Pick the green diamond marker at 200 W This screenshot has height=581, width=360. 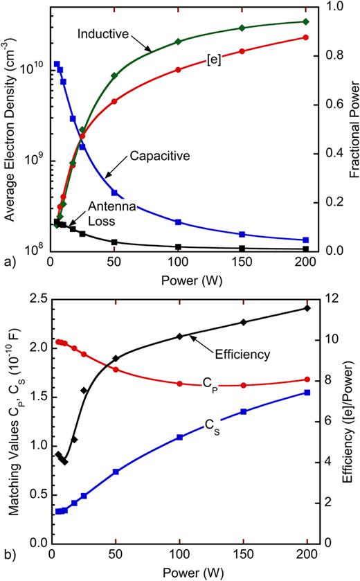tap(306, 21)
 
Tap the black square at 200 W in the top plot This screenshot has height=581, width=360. tap(306, 249)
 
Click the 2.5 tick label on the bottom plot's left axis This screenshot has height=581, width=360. tap(30, 298)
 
